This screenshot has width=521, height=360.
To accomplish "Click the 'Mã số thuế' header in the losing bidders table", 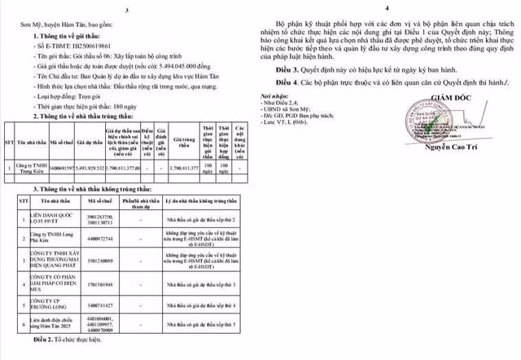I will point(103,200).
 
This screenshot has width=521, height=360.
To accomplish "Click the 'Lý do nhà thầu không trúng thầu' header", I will point(199,200).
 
